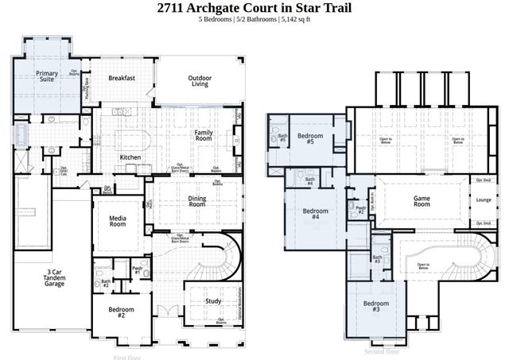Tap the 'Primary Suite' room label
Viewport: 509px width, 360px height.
point(47,76)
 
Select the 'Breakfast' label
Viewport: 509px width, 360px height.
point(122,78)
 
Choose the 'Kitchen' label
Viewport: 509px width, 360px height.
point(130,157)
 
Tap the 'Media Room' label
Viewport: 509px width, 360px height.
point(118,221)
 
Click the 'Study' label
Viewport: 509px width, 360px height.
point(212,301)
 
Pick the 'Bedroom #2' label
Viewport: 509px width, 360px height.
point(122,312)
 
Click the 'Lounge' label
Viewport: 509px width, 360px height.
point(484,200)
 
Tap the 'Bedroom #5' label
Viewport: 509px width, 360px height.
point(311,138)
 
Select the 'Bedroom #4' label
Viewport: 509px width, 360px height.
point(316,213)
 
